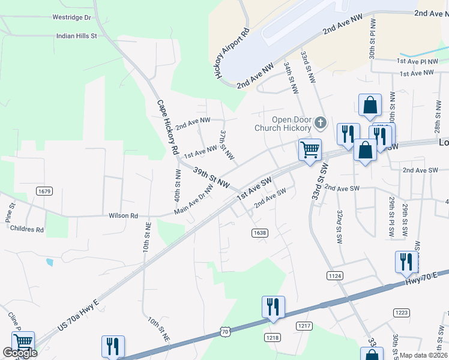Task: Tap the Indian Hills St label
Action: [x=76, y=36]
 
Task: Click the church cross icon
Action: [x=321, y=124]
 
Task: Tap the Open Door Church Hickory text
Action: [x=283, y=124]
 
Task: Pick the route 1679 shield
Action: [x=43, y=191]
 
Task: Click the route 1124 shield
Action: [x=335, y=275]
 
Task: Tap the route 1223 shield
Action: [x=402, y=312]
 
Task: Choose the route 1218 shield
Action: [x=273, y=338]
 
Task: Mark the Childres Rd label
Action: [x=27, y=229]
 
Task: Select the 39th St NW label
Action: [x=211, y=177]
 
